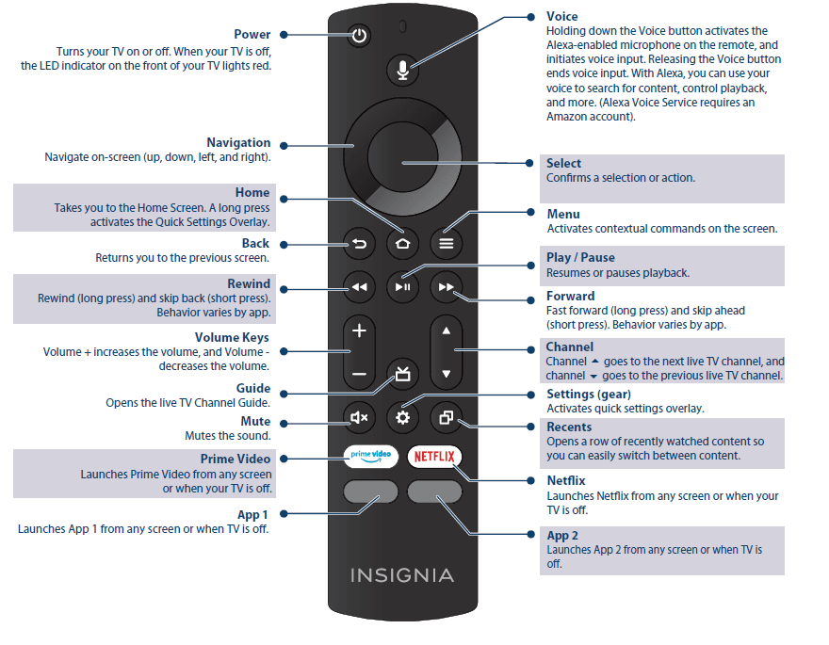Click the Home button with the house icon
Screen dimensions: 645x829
402,244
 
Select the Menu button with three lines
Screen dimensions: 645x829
446,244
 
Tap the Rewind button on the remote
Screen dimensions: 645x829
359,287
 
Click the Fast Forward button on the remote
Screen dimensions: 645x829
446,287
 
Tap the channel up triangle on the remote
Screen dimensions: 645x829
447,331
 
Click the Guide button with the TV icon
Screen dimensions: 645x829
402,373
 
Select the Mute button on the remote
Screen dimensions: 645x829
359,416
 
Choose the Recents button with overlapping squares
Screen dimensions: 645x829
446,416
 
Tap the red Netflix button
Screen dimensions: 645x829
434,457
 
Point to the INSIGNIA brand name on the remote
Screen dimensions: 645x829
402,574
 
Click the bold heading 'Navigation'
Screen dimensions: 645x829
238,143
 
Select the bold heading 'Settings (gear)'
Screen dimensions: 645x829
589,394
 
